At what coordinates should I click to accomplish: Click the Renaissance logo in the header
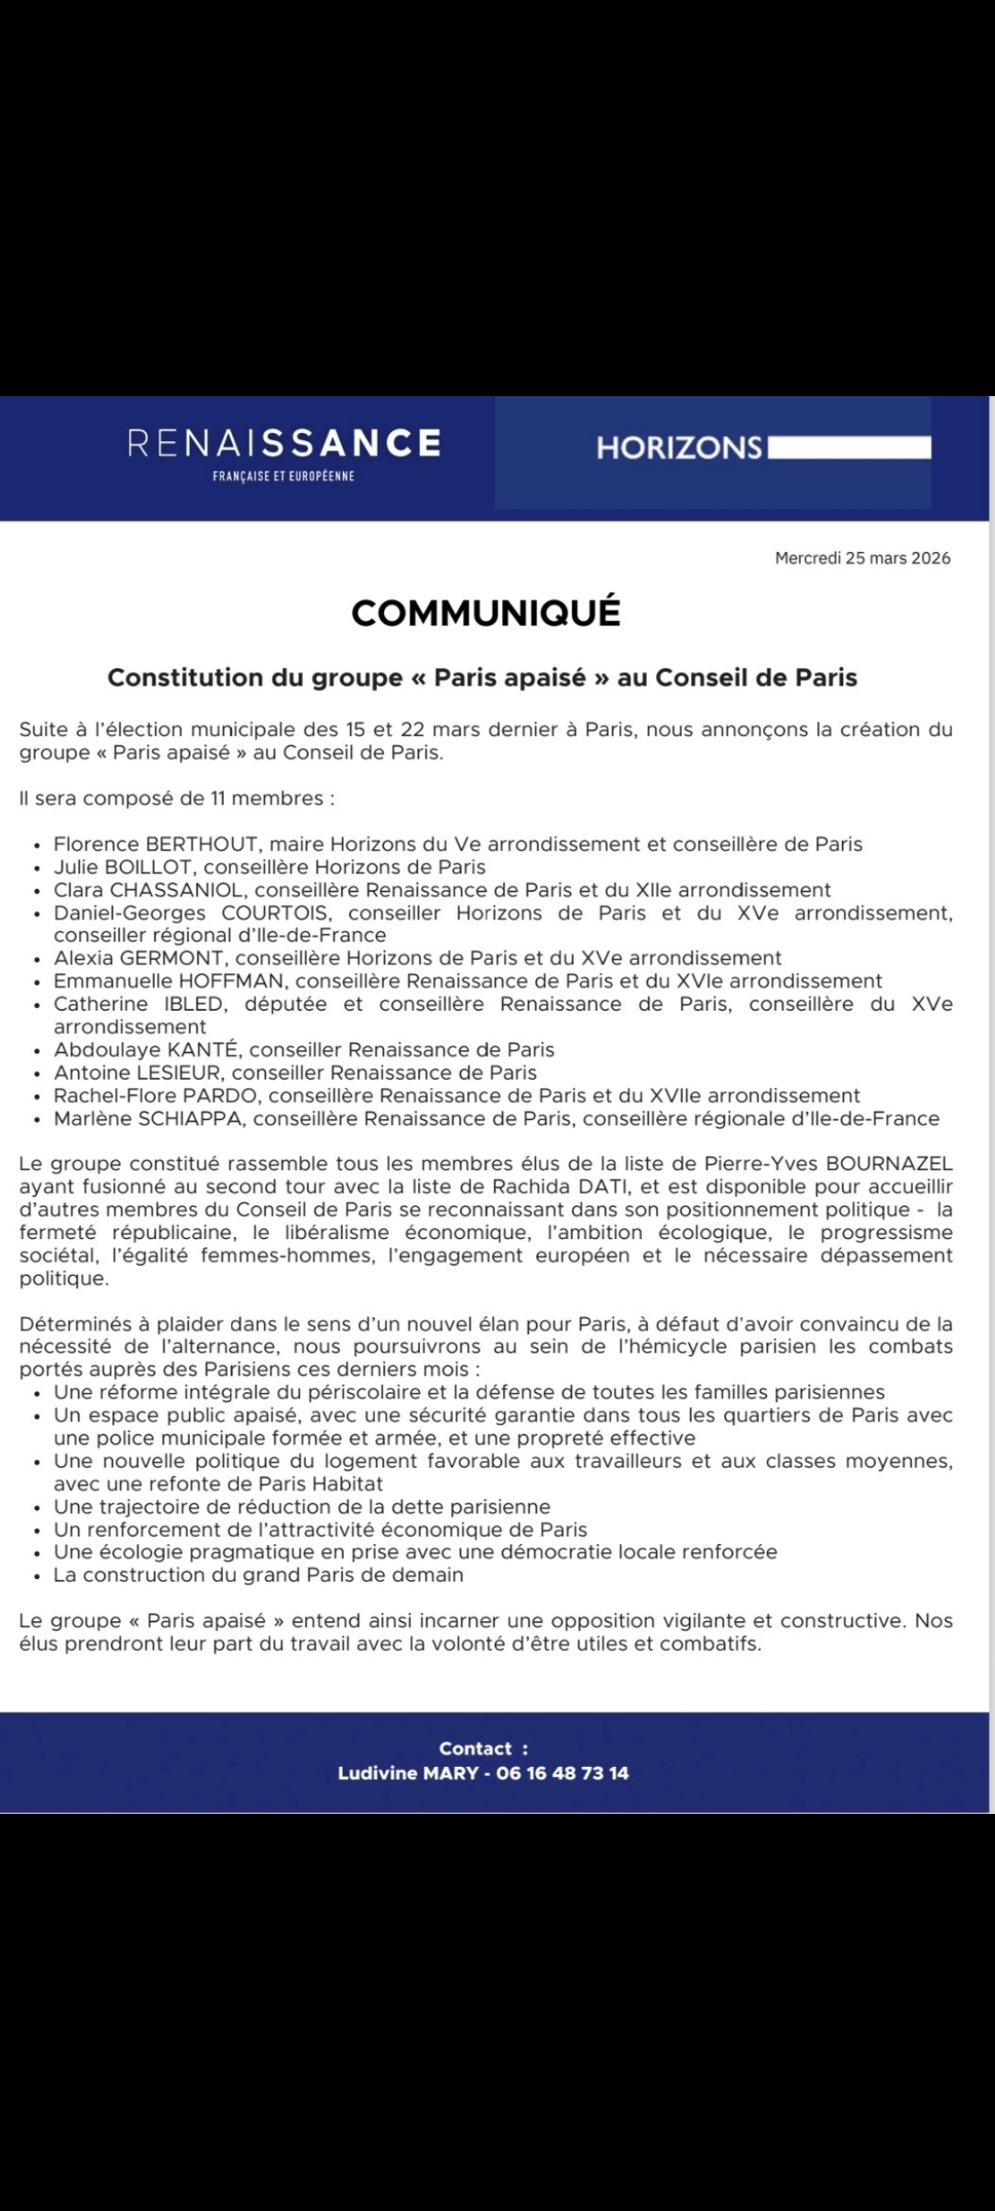coord(284,451)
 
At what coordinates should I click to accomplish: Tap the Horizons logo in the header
coord(763,448)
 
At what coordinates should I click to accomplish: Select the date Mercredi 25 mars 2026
coord(862,558)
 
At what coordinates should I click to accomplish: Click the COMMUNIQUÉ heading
coord(486,614)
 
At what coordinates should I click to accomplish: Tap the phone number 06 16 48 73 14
coord(562,1773)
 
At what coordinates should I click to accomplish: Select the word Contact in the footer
coord(475,1749)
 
